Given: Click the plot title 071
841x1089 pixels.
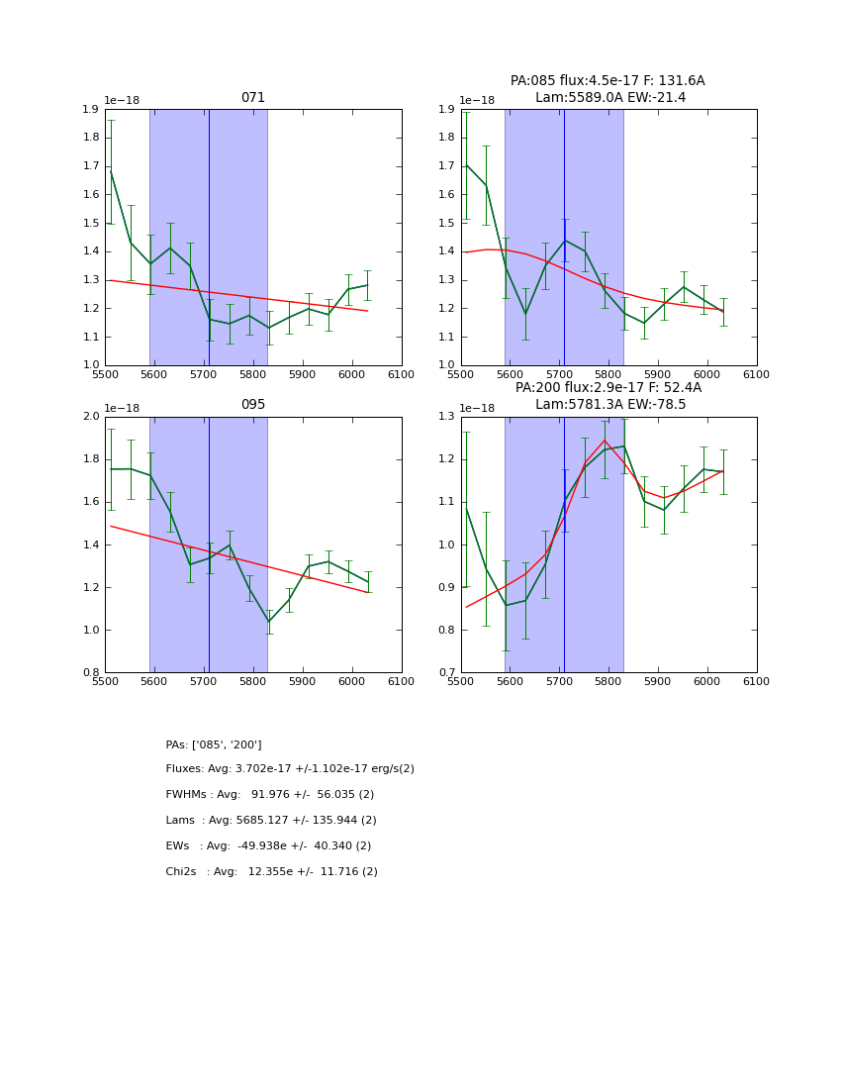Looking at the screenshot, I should tap(253, 98).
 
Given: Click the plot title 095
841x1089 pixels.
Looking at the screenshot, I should tap(253, 405).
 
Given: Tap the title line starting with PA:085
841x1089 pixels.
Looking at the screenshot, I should tap(607, 81).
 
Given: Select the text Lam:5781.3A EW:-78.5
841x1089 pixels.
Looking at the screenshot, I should tap(610, 404).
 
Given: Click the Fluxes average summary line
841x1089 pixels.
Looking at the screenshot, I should tap(290, 769).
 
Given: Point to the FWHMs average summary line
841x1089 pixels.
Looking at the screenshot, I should tap(269, 795).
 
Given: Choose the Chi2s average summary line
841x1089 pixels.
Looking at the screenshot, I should tap(271, 872).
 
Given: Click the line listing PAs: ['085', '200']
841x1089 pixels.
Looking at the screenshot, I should tap(214, 744).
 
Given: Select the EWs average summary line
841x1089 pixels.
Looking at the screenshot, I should tap(268, 846).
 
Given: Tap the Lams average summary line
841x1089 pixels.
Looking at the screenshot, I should tap(271, 821).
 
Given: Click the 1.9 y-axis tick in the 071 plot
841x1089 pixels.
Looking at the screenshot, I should tap(90, 110).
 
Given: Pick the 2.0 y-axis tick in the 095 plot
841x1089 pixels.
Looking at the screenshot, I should tap(90, 417).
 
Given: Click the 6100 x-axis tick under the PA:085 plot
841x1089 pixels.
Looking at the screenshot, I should tap(756, 374).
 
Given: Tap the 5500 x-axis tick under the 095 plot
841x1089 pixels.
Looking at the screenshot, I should tap(105, 681).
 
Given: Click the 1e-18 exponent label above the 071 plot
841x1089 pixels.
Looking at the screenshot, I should tap(122, 101).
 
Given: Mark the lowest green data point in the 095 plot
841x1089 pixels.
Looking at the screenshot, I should tap(268, 622).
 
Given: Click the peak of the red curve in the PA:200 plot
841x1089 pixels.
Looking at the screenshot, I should tap(604, 441).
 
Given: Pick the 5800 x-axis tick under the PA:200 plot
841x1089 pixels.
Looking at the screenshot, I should tap(608, 681).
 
